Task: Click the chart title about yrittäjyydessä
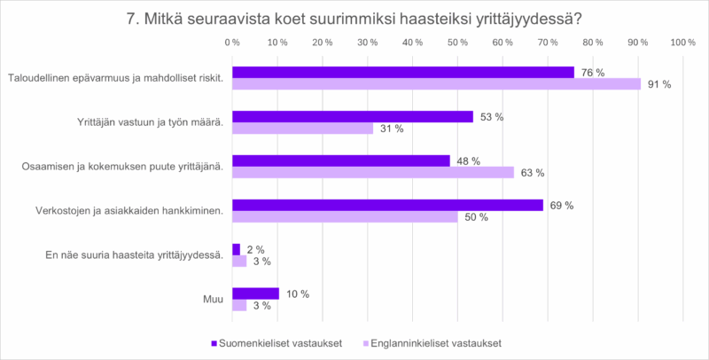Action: tap(354, 18)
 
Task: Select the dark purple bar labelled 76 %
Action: tap(402, 72)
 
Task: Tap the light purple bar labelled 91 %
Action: tap(436, 84)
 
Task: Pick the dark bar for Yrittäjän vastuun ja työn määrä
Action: tap(352, 116)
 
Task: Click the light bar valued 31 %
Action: tap(302, 129)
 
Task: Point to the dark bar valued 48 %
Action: tap(340, 160)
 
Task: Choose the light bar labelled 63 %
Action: tap(373, 173)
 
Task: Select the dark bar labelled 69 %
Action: tap(387, 205)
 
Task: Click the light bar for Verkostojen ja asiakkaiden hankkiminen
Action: tap(345, 217)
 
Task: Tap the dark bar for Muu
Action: tap(255, 293)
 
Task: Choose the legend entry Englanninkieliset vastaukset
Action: tap(432, 342)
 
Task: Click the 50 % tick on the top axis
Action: tap(457, 43)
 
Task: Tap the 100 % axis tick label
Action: tap(682, 43)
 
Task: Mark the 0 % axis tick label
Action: tap(232, 43)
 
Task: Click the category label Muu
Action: tap(212, 300)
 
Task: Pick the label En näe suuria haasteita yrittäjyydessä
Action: tap(133, 255)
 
